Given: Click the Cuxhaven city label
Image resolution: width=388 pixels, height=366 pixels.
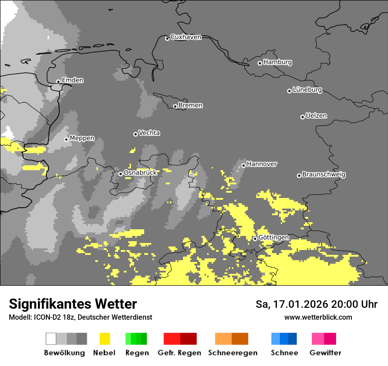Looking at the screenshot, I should point(186,37).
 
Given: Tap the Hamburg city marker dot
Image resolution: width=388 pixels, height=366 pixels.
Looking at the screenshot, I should point(260,63).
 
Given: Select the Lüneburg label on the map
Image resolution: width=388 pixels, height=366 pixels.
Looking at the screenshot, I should point(307,90).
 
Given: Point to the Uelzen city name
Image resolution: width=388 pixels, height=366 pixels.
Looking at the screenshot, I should point(316,116).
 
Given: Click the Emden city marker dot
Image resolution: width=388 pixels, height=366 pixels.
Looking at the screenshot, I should point(58,82).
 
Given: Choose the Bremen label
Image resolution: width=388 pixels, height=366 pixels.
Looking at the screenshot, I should point(190,105).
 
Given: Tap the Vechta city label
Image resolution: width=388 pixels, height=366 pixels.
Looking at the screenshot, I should point(149,133).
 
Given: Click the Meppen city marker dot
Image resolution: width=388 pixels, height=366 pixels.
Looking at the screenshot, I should point(67,139).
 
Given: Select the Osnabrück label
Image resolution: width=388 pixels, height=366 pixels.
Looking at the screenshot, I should point(140,173).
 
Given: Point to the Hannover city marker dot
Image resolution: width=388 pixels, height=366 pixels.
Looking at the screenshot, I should point(243,165).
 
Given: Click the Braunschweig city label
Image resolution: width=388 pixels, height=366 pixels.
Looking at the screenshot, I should point(324,175).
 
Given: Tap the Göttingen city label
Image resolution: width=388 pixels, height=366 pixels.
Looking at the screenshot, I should point(273,238).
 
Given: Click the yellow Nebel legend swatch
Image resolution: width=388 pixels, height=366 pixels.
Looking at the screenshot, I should point(104,339).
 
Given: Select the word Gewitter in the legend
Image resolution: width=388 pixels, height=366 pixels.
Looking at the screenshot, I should point(325,353).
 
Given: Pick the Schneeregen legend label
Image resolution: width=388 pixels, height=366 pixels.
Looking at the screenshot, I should point(232,353).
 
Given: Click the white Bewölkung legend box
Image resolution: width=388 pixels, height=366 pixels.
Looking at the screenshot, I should point(51,339).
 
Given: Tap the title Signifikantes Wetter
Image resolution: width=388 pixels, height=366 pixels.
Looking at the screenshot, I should point(73,304).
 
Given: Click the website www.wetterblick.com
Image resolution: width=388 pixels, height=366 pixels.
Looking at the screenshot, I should point(318,317).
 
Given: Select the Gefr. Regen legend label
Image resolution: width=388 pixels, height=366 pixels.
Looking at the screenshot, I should point(179,353).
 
